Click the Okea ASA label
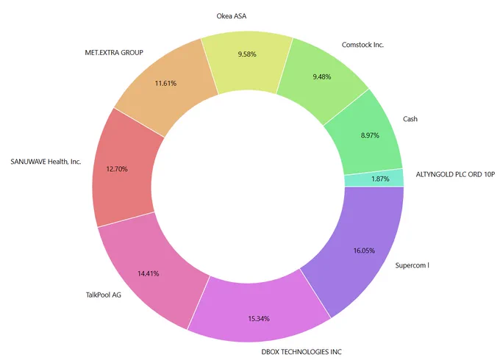231,16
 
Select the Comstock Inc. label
362,45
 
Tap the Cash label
410,119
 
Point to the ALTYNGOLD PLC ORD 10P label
455,174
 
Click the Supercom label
412,265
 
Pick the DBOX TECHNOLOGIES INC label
301,352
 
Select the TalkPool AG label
104,295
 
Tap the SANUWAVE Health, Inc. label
46,162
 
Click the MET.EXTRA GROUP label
114,53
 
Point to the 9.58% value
247,54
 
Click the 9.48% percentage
322,77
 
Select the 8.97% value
370,135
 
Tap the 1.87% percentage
380,179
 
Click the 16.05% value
364,251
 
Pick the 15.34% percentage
259,319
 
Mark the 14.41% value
149,273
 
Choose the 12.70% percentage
117,169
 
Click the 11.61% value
165,84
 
